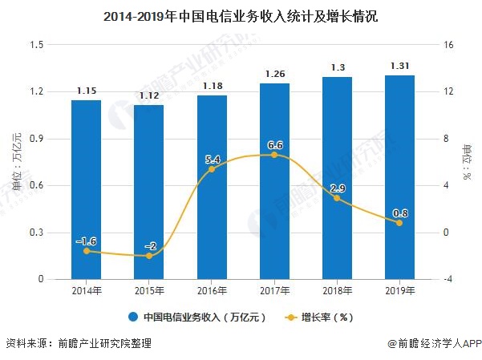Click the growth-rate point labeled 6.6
pos(274,155)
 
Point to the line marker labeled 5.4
pos(212,169)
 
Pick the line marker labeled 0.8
pos(399,222)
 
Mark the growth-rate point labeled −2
pos(148,256)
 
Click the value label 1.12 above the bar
pos(148,97)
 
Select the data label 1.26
pos(274,75)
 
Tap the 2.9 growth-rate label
pos(337,188)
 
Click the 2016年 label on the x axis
pos(212,290)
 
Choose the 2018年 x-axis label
pos(337,290)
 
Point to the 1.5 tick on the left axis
pos(37,44)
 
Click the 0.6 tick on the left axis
pos(37,185)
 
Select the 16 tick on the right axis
pos(449,44)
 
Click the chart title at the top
pos(241,14)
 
